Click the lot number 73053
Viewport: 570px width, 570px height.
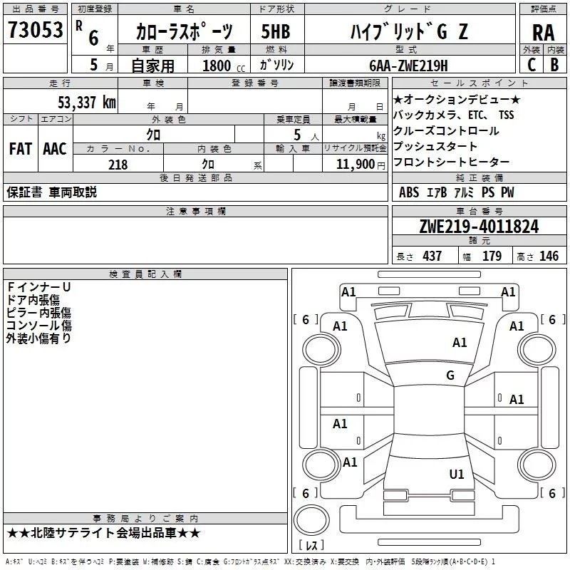click(35, 30)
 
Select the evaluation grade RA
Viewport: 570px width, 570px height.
click(543, 33)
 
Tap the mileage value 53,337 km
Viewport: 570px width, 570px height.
click(86, 102)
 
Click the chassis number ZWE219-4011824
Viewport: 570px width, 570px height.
click(479, 227)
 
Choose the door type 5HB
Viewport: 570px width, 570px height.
click(275, 31)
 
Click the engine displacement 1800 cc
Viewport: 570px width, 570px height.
click(219, 66)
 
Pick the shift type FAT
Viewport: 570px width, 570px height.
click(20, 149)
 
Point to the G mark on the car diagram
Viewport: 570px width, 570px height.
click(450, 375)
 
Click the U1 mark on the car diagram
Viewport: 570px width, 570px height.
click(457, 474)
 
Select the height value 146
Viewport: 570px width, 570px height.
click(549, 256)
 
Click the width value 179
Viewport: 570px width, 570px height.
click(492, 256)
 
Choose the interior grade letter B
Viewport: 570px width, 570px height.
click(555, 64)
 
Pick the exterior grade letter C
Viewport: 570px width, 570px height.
click(531, 64)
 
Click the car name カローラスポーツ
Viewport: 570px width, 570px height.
click(184, 32)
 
